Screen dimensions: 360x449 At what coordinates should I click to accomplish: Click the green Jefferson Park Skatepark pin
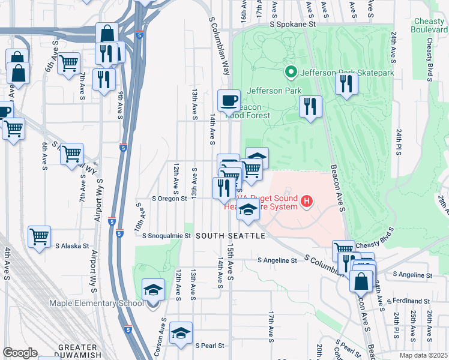point(291,73)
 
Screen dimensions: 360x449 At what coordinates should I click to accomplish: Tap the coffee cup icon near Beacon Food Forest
point(229,100)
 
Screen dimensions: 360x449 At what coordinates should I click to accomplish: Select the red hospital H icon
point(307,200)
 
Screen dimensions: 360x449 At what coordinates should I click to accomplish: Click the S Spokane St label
point(292,25)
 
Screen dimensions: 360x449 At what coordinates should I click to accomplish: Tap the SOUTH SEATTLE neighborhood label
point(229,236)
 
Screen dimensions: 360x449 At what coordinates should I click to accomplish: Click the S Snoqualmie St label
point(166,236)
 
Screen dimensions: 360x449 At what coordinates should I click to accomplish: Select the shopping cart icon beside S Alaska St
point(40,236)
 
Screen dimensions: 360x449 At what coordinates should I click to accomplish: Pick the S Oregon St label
point(170,198)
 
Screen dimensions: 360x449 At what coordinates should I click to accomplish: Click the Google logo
point(19,353)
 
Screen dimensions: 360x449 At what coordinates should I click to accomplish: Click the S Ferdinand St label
point(409,300)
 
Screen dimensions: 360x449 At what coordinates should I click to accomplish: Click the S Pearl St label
point(209,346)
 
